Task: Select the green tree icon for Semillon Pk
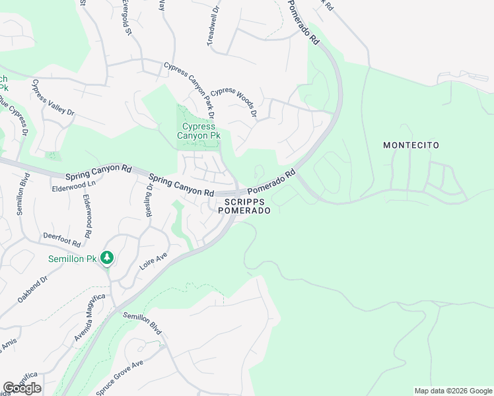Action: [106, 259]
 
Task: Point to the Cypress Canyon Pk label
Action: [198, 131]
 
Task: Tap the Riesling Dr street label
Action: [150, 200]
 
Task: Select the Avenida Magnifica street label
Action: [90, 318]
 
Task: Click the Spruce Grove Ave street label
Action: [120, 378]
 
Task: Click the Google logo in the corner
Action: [22, 388]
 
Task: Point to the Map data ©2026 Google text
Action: [453, 391]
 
